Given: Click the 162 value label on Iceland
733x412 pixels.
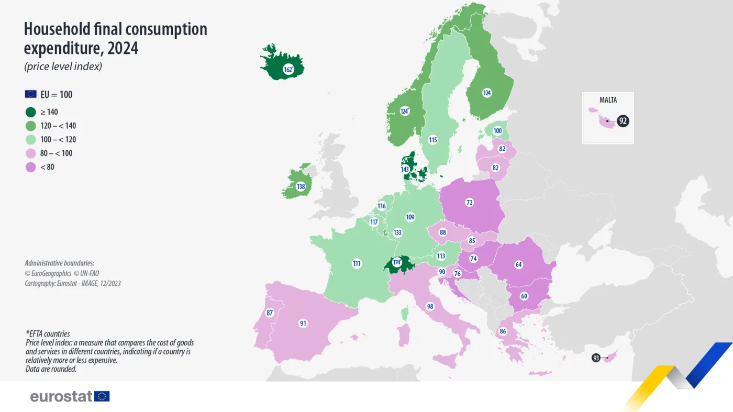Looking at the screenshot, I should [x=287, y=70].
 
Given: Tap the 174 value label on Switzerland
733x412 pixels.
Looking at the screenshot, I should [x=397, y=262].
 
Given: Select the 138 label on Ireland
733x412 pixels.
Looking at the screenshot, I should [x=301, y=186].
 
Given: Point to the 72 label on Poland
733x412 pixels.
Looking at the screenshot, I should [x=470, y=202].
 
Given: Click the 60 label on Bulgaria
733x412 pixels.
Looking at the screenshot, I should [x=524, y=296].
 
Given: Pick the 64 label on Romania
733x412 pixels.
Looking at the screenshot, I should [x=519, y=264].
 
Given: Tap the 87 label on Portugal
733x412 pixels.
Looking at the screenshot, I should [x=270, y=313].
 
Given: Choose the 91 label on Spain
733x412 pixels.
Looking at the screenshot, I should [x=303, y=324].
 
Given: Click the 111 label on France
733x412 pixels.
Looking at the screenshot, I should [x=357, y=263].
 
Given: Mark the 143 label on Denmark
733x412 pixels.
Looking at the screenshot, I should [x=405, y=169].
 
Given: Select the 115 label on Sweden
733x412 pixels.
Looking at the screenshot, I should [x=432, y=140].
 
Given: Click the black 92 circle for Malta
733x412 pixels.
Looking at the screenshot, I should [x=623, y=121].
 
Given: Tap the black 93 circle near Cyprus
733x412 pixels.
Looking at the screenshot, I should [x=596, y=358].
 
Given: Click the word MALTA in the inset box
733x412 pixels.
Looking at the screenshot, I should [x=608, y=100].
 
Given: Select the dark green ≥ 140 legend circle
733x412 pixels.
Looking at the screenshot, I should [x=31, y=112].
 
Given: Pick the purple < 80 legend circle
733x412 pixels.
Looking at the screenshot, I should [x=31, y=167].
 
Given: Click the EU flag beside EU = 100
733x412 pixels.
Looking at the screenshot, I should [x=30, y=94].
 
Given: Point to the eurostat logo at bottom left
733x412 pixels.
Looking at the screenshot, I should [x=70, y=396].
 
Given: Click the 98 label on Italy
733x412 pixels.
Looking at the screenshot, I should [x=430, y=306].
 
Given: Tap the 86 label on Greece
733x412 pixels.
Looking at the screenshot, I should [x=503, y=331].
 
